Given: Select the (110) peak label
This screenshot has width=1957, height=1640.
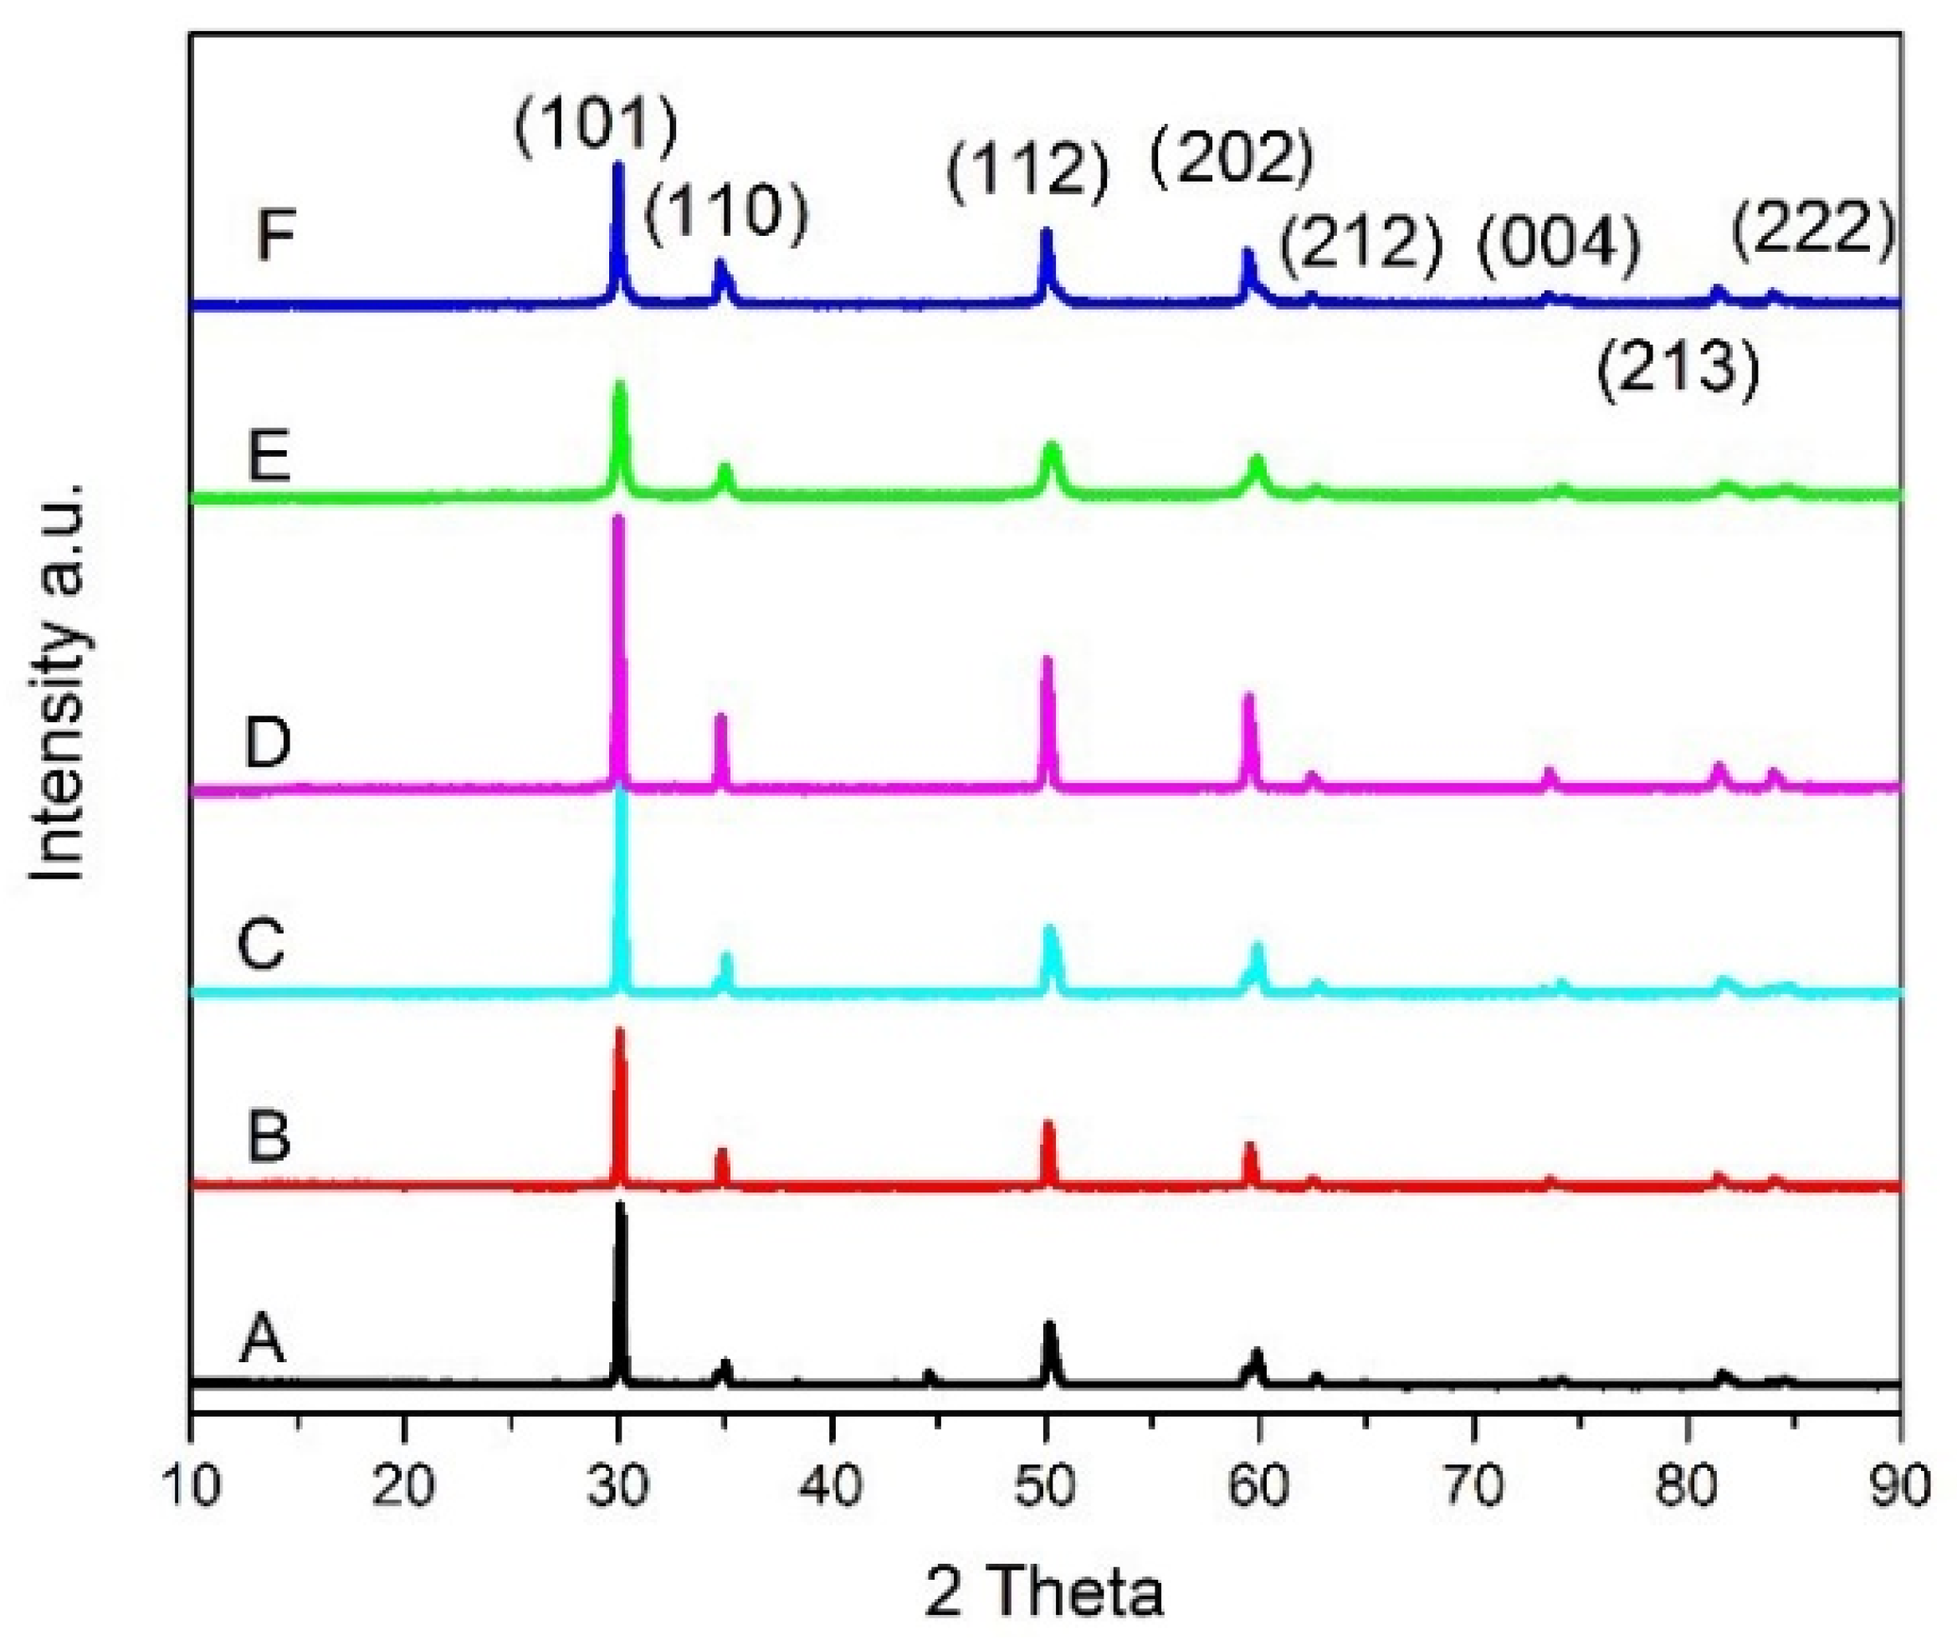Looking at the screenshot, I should coord(726,214).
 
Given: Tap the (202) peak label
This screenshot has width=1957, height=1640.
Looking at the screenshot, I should coord(1231,156).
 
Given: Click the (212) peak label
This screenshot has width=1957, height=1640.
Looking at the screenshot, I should coord(1360,244).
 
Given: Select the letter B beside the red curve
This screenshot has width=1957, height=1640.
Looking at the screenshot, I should coord(269,1137).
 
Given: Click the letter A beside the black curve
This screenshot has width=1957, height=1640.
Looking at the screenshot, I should coord(262,1339).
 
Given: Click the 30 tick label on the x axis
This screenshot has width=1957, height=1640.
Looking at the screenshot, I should coord(617,1486).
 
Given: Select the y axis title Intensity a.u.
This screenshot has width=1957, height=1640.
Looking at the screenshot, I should coord(58,680).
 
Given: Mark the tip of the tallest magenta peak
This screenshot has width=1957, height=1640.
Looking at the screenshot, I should coord(617,517).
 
